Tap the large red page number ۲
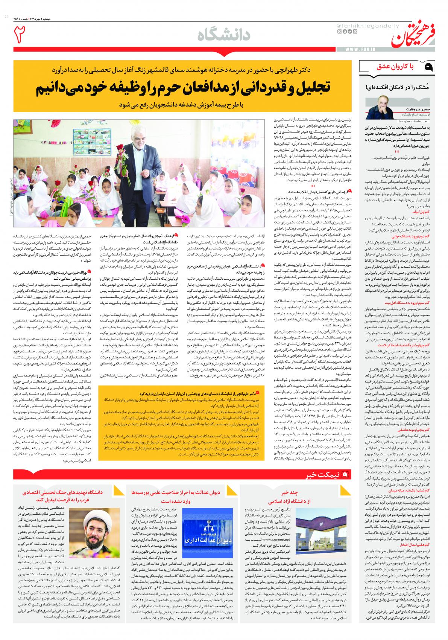pos(21,35)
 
